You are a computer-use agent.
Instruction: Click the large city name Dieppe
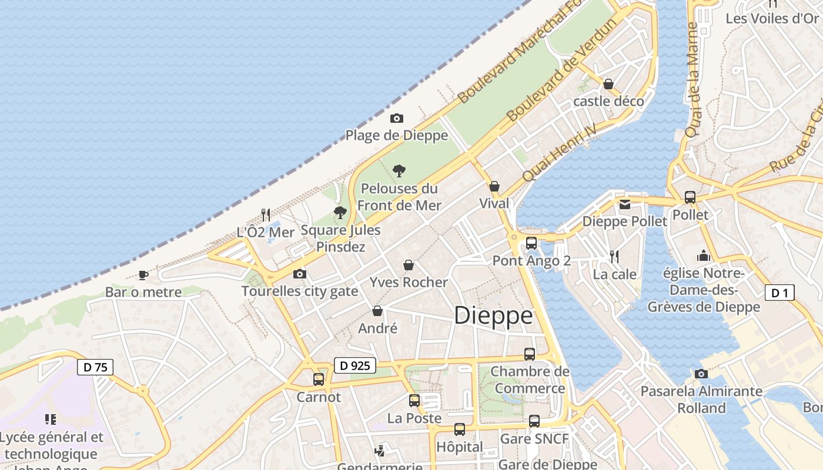[493, 315]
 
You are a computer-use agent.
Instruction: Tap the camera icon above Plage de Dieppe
[396, 119]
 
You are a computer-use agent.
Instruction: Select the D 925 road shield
[355, 365]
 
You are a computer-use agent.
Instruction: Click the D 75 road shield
[95, 368]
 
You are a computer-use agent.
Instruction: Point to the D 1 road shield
[779, 293]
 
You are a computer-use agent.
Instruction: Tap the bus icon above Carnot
[319, 380]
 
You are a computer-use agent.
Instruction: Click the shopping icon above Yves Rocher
[409, 266]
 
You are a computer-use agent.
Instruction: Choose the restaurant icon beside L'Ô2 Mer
[266, 215]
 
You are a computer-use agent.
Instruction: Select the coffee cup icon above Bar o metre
[143, 275]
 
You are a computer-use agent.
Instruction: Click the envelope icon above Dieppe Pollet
[624, 204]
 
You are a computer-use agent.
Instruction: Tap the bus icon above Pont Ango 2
[531, 243]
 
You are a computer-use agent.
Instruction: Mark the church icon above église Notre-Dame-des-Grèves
[704, 256]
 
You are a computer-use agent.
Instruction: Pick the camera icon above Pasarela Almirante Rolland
[701, 374]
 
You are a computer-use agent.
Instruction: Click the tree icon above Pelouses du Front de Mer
[399, 171]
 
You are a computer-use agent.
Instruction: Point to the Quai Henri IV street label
[559, 152]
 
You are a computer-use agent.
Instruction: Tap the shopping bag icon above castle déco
[608, 84]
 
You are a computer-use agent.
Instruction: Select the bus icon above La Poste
[414, 401]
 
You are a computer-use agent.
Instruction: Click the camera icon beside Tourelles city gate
[300, 274]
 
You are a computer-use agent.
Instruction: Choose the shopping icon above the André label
[377, 311]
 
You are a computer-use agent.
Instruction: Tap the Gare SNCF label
[534, 439]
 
